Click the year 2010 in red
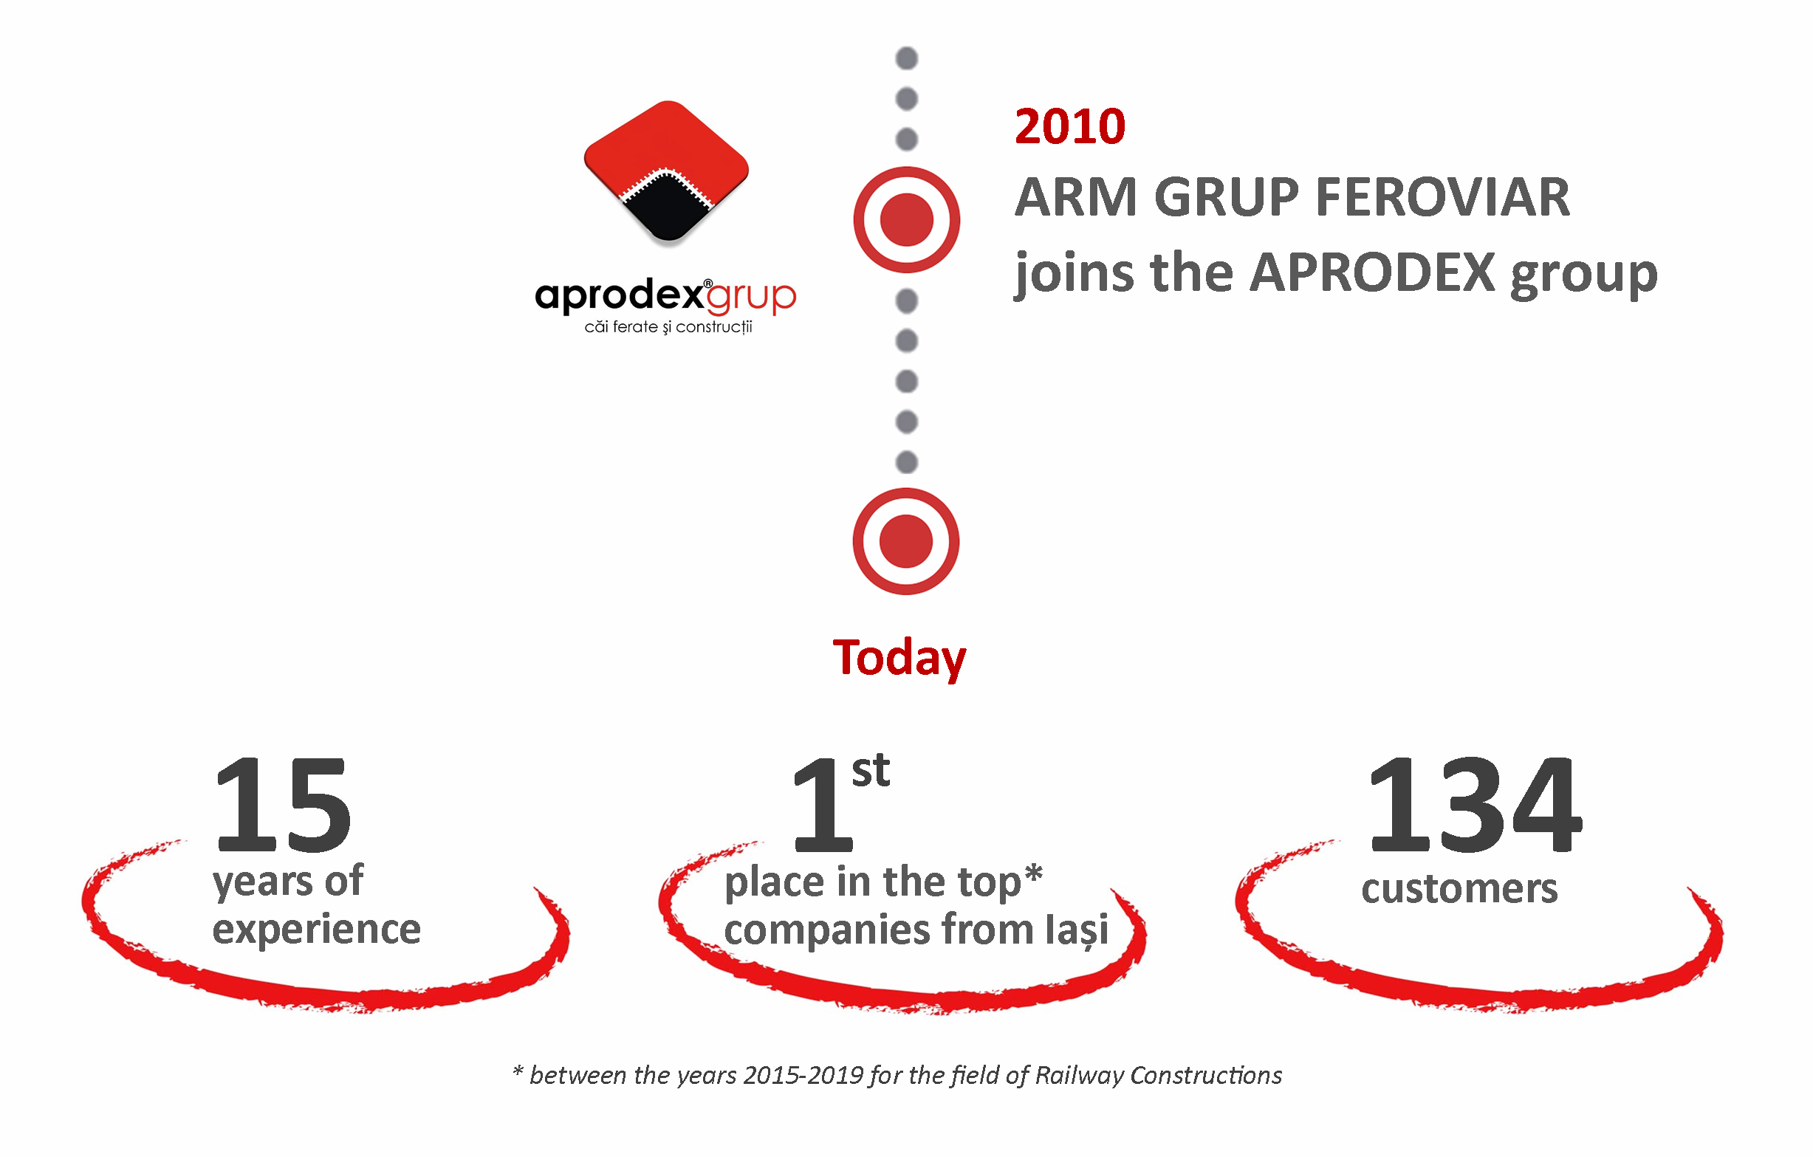click(x=1070, y=126)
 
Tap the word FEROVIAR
click(x=1442, y=197)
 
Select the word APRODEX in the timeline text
click(x=1373, y=272)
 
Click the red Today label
click(x=899, y=659)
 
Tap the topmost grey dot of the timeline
click(x=907, y=58)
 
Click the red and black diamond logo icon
click(x=666, y=172)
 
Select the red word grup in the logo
click(x=750, y=298)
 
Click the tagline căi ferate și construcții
click(x=668, y=326)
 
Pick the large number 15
click(x=283, y=805)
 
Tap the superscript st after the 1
click(x=871, y=771)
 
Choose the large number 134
click(x=1474, y=805)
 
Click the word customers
click(x=1459, y=889)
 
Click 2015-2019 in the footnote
click(x=803, y=1075)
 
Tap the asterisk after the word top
click(x=1034, y=873)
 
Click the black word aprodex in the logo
click(x=619, y=297)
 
